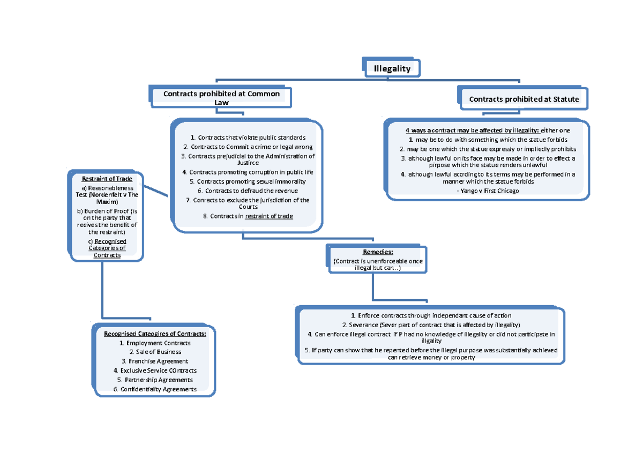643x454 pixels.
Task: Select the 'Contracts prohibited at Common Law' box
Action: (221, 98)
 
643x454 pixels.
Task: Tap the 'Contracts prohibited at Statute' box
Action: (524, 99)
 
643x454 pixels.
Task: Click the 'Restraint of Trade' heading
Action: (107, 179)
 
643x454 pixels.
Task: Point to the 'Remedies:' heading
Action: (378, 251)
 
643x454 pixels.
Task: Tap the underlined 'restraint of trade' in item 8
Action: (269, 216)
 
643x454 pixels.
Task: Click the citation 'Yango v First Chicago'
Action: (487, 191)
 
